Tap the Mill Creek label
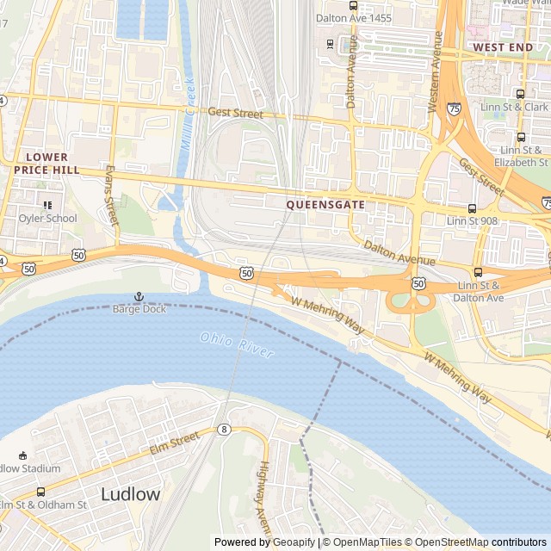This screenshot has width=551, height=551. (187, 116)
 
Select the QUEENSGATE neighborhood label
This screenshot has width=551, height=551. (325, 205)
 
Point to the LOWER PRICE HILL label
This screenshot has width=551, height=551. (46, 164)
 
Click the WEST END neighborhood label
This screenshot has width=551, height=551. (503, 46)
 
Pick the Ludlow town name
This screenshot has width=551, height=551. (130, 494)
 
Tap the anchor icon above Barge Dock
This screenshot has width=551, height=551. (138, 296)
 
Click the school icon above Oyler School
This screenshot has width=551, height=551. (47, 205)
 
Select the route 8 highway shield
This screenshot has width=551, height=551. (224, 429)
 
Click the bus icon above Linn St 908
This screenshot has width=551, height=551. (472, 208)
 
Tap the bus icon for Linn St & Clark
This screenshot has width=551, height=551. (520, 94)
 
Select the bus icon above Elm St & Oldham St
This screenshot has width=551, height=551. (40, 492)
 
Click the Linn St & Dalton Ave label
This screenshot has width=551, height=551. (479, 292)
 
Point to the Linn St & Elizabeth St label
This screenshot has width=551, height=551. (523, 156)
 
